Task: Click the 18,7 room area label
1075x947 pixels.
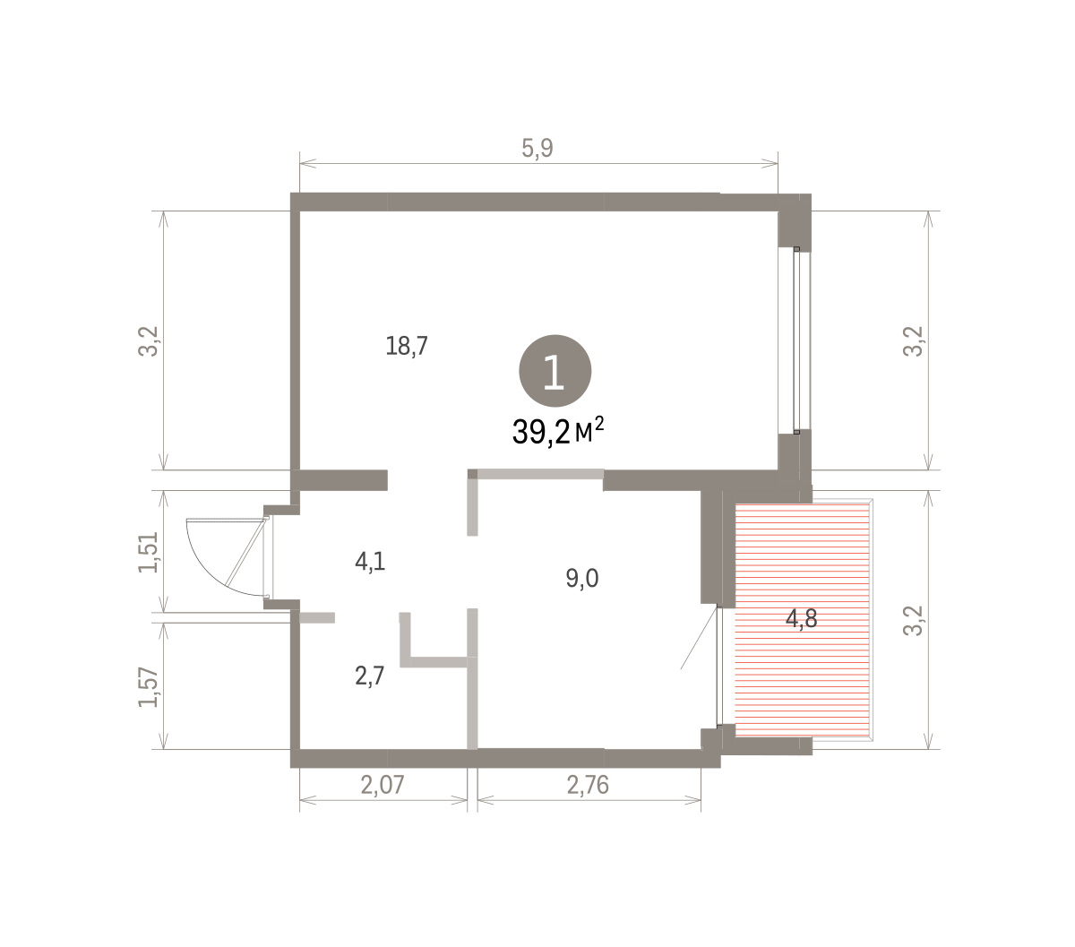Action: pos(406,346)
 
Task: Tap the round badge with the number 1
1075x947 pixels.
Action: pos(555,371)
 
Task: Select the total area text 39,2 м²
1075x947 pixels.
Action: pos(558,431)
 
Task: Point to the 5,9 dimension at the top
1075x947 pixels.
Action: pos(537,148)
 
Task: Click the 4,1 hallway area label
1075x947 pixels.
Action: pos(370,561)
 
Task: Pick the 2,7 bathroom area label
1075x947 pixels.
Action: pos(369,676)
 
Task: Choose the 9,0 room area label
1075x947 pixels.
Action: pos(581,578)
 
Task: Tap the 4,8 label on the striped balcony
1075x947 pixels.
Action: pos(801,619)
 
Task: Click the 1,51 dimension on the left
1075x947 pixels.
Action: pos(148,552)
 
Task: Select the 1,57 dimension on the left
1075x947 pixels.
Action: pos(148,687)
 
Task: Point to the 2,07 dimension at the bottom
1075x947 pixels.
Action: pos(382,785)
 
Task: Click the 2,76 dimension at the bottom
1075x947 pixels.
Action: pos(588,785)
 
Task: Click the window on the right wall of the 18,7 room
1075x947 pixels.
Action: pos(795,340)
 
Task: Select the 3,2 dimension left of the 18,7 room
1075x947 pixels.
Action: pos(148,340)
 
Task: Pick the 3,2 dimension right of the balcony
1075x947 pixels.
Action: pos(913,620)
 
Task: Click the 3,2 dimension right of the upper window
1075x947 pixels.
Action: pos(913,340)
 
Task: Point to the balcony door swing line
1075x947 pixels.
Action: pos(699,638)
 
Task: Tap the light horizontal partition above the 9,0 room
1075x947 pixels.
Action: pos(540,474)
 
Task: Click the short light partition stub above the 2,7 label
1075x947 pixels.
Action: pos(317,617)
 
